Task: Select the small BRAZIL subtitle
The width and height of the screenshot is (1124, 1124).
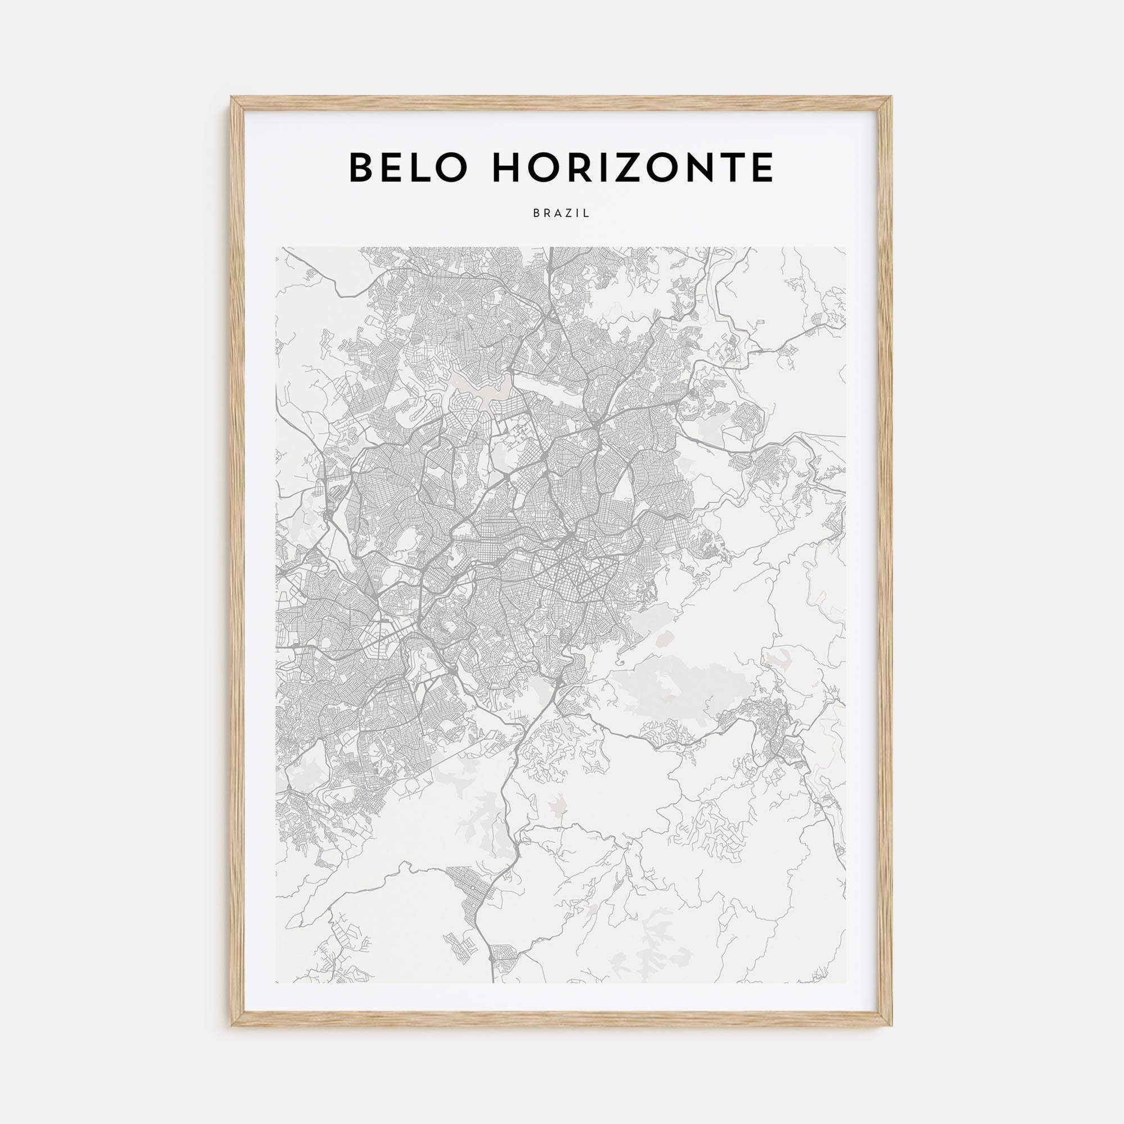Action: tap(561, 214)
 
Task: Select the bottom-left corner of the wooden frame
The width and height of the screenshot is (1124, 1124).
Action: tap(232, 1025)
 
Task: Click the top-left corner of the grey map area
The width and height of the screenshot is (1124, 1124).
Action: tap(277, 247)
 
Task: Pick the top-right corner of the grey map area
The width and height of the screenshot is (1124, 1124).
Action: tap(846, 247)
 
